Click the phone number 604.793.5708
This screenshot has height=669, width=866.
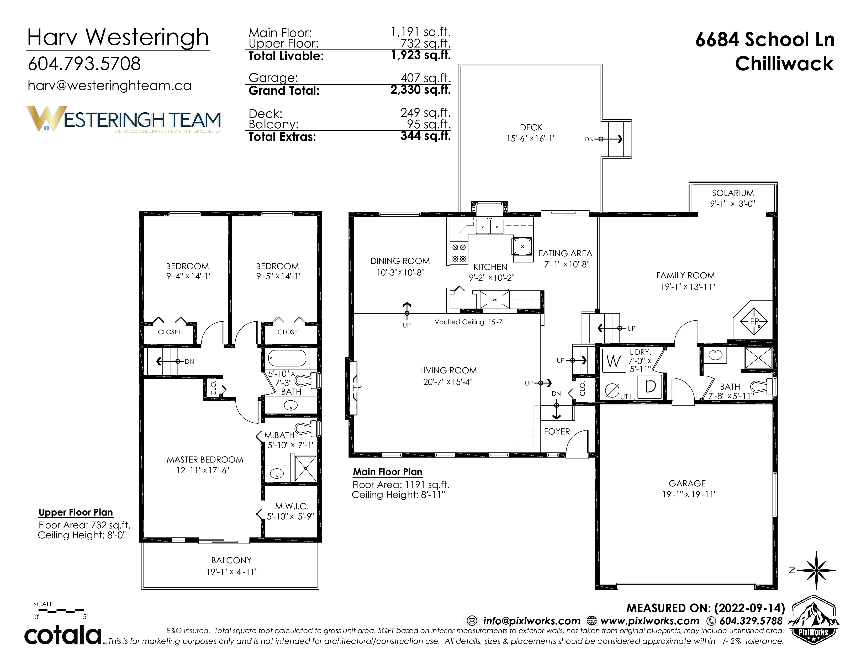click(84, 64)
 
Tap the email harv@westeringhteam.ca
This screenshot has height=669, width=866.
click(109, 86)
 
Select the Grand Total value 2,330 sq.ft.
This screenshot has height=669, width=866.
click(420, 90)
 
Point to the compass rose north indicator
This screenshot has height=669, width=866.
click(816, 570)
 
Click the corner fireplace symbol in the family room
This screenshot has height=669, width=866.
click(753, 321)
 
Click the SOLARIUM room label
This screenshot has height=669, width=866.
click(733, 193)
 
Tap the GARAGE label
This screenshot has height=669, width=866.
click(687, 484)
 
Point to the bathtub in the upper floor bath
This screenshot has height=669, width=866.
click(287, 358)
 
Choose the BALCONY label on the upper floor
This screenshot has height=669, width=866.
click(231, 560)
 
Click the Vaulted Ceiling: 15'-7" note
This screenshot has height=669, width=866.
click(469, 322)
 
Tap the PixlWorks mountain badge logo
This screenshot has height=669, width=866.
click(813, 620)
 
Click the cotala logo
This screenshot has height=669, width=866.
click(64, 635)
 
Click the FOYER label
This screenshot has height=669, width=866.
click(557, 432)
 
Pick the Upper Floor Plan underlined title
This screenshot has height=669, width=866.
click(76, 512)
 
